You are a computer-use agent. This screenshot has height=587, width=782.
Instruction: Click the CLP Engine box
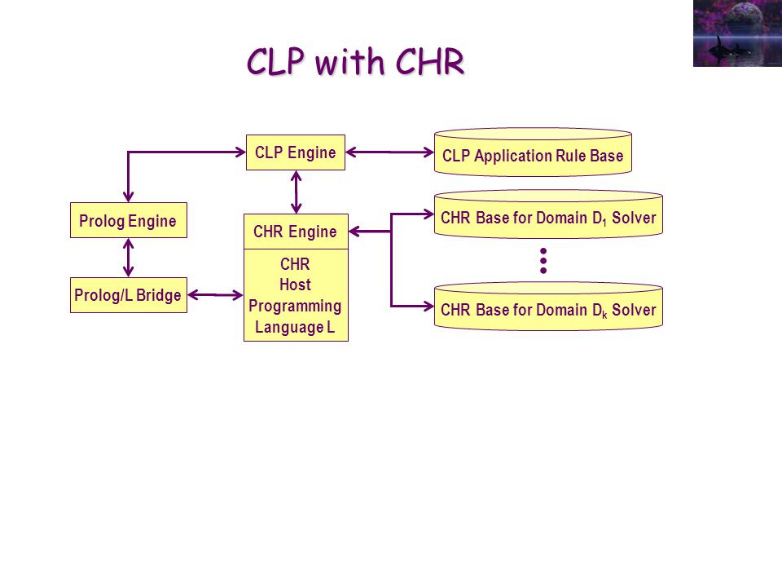click(295, 152)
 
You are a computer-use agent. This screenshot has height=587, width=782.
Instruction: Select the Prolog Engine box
click(129, 220)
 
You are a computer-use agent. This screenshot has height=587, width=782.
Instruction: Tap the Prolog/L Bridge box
click(129, 295)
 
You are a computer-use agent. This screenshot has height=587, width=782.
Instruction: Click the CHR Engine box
click(296, 232)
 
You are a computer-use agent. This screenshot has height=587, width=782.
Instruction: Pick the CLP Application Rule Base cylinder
click(533, 152)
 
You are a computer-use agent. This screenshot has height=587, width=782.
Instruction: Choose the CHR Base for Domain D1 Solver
click(548, 214)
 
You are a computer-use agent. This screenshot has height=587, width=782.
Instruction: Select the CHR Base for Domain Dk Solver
click(548, 306)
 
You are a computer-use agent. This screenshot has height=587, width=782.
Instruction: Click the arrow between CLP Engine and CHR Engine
click(296, 192)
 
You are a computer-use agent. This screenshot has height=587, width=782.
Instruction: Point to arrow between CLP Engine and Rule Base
click(389, 152)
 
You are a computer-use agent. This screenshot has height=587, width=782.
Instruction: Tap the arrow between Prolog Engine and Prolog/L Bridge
click(129, 258)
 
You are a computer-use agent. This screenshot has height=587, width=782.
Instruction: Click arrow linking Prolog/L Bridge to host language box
click(215, 295)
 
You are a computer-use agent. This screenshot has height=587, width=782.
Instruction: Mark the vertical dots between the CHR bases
click(543, 261)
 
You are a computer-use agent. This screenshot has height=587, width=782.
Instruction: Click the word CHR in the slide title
click(430, 62)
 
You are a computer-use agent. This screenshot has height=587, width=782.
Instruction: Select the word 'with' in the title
click(349, 62)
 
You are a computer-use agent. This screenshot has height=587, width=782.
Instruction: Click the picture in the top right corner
click(738, 33)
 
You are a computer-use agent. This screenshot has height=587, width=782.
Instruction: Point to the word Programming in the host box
click(295, 306)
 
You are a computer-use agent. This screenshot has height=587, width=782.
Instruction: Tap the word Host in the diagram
click(295, 285)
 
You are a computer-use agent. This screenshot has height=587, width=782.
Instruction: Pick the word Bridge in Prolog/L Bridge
click(159, 295)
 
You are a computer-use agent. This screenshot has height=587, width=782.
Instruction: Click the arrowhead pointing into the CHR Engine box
click(354, 231)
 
